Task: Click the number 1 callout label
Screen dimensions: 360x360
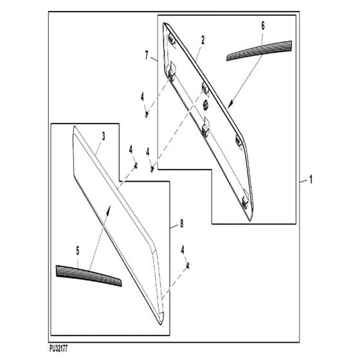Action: pyautogui.click(x=311, y=179)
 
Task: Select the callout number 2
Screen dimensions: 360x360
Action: pyautogui.click(x=203, y=40)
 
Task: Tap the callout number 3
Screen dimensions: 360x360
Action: pyautogui.click(x=104, y=136)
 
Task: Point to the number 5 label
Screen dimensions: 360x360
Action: pyautogui.click(x=78, y=251)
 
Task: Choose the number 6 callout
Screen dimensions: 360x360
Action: pyautogui.click(x=263, y=26)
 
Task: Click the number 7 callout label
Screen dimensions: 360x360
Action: pyautogui.click(x=147, y=55)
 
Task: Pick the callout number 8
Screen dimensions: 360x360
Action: pyautogui.click(x=181, y=224)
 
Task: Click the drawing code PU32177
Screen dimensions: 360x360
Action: pyautogui.click(x=59, y=349)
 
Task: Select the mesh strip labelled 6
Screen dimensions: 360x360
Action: pyautogui.click(x=259, y=50)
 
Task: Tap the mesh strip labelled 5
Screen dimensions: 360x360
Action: pyautogui.click(x=89, y=276)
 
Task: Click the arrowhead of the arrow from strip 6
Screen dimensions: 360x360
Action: pyautogui.click(x=231, y=104)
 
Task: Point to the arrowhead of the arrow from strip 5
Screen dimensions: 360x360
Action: pyautogui.click(x=109, y=209)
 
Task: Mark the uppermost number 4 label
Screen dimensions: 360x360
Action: pyautogui.click(x=142, y=97)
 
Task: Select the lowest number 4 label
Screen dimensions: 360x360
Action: pyautogui.click(x=183, y=250)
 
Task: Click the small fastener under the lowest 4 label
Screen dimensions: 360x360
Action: pyautogui.click(x=188, y=266)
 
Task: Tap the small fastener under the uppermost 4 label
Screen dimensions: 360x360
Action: pyautogui.click(x=147, y=114)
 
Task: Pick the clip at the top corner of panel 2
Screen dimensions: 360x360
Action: pyautogui.click(x=171, y=39)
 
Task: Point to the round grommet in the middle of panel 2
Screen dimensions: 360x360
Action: pyautogui.click(x=206, y=105)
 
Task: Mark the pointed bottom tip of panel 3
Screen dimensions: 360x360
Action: pyautogui.click(x=161, y=324)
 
